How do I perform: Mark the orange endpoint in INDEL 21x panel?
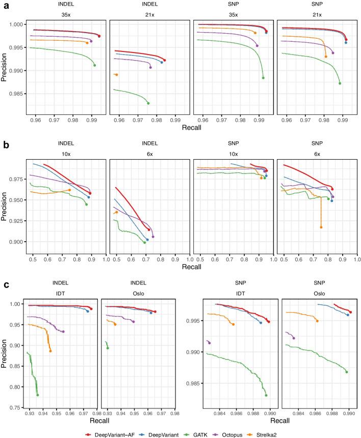117,75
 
